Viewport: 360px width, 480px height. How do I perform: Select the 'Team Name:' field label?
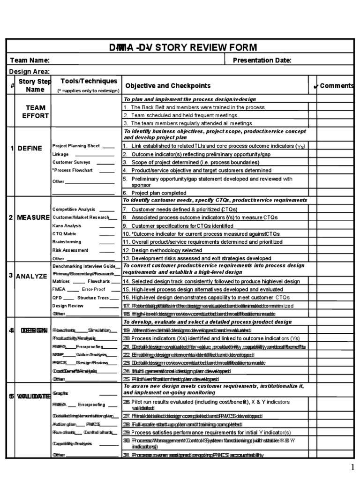point(30,60)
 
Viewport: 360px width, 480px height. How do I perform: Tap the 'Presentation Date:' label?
point(262,60)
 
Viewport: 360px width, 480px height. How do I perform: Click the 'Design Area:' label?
point(30,71)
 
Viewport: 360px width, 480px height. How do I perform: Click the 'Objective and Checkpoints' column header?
point(168,86)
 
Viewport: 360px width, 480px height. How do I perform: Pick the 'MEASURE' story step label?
point(33,217)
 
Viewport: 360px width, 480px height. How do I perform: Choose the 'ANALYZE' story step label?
point(32,276)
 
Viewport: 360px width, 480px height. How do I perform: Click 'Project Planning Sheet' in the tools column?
point(76,146)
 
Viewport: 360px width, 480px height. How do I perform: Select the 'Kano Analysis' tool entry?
point(67,225)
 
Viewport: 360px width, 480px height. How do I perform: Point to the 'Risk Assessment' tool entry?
point(70,250)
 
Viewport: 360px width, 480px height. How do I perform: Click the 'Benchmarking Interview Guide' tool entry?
point(85,265)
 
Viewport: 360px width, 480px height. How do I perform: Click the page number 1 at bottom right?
point(352,467)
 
